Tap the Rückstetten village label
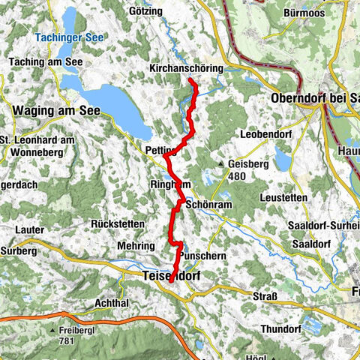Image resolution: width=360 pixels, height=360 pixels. pyautogui.click(x=114, y=223)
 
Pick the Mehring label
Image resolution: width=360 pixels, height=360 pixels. pyautogui.click(x=135, y=245)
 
